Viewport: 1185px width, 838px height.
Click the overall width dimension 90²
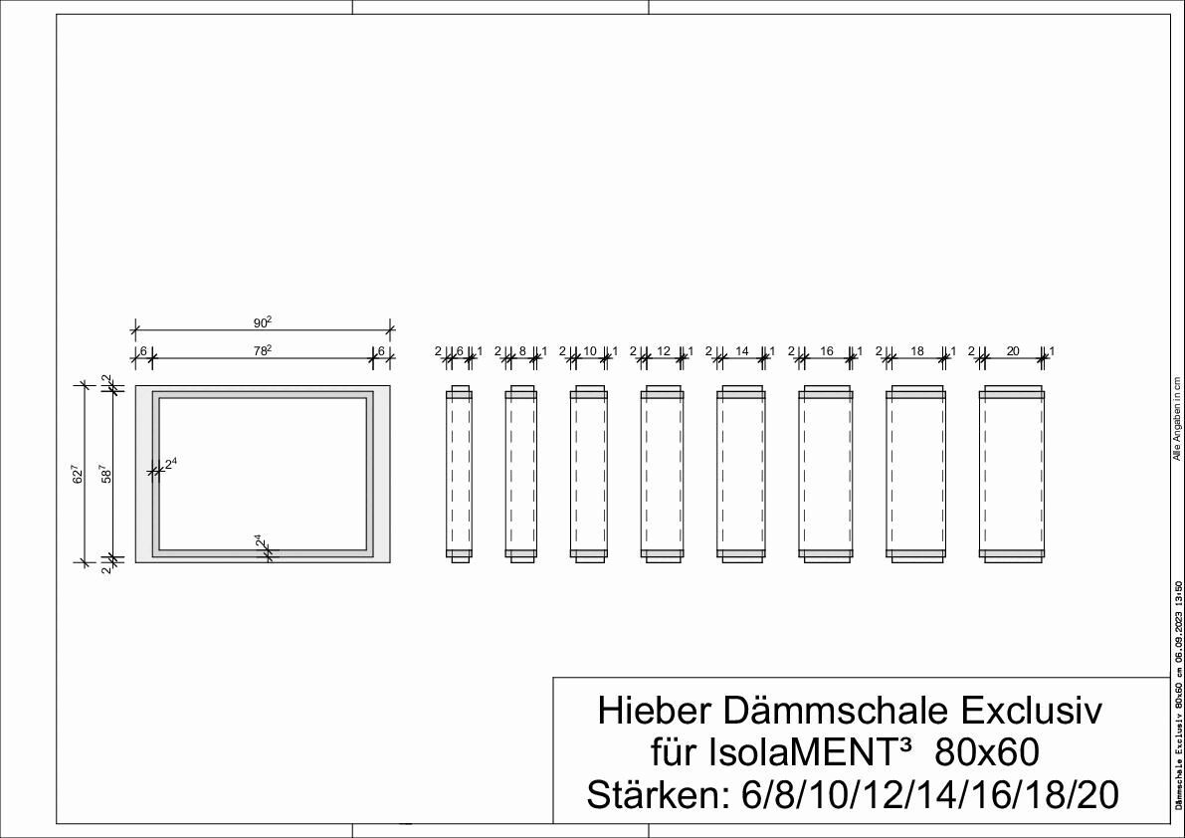262,321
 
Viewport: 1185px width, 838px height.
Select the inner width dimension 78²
262,350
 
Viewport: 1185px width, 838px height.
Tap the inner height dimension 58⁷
104,474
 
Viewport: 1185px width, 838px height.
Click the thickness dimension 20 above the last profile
1013,351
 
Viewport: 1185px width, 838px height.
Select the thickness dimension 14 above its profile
741,351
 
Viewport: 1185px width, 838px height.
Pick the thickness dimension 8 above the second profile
521,351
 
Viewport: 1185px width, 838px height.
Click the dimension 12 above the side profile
664,351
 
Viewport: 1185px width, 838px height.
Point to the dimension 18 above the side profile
917,351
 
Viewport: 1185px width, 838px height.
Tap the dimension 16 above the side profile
826,351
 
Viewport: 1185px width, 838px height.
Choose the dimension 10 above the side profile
589,351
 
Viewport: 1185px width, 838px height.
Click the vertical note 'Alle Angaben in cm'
1176,418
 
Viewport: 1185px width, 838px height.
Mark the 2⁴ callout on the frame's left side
170,464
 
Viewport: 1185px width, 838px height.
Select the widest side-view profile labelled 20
1012,474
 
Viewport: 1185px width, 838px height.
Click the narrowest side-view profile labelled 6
459,474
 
